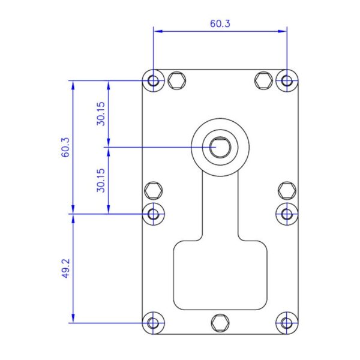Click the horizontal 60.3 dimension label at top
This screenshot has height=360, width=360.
coord(220,23)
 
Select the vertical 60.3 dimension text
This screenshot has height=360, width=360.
coord(65,147)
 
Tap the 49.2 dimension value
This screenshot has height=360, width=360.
coord(65,268)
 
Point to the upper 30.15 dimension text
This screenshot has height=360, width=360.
coord(101,113)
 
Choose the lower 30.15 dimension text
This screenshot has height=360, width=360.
coord(101,181)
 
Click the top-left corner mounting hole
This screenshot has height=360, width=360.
coord(153,81)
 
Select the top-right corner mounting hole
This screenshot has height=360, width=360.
coord(287,81)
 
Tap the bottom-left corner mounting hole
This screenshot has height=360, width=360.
coord(153,323)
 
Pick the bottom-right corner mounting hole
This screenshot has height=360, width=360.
coord(287,323)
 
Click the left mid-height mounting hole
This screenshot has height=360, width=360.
coord(153,214)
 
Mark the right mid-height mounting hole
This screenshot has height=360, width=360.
coord(287,214)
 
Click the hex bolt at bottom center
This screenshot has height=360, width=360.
coord(220,323)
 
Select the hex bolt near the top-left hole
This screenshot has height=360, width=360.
coord(177,80)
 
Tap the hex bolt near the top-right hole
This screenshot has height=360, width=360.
coord(263,80)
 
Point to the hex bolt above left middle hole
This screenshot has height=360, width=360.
coord(154,191)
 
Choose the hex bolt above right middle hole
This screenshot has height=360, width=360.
coord(287,191)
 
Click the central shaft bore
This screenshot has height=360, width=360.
coord(220,147)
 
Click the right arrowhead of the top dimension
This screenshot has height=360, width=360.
coord(283,31)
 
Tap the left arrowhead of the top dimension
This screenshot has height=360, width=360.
coord(158,31)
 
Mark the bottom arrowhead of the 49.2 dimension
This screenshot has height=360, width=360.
coord(73,319)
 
